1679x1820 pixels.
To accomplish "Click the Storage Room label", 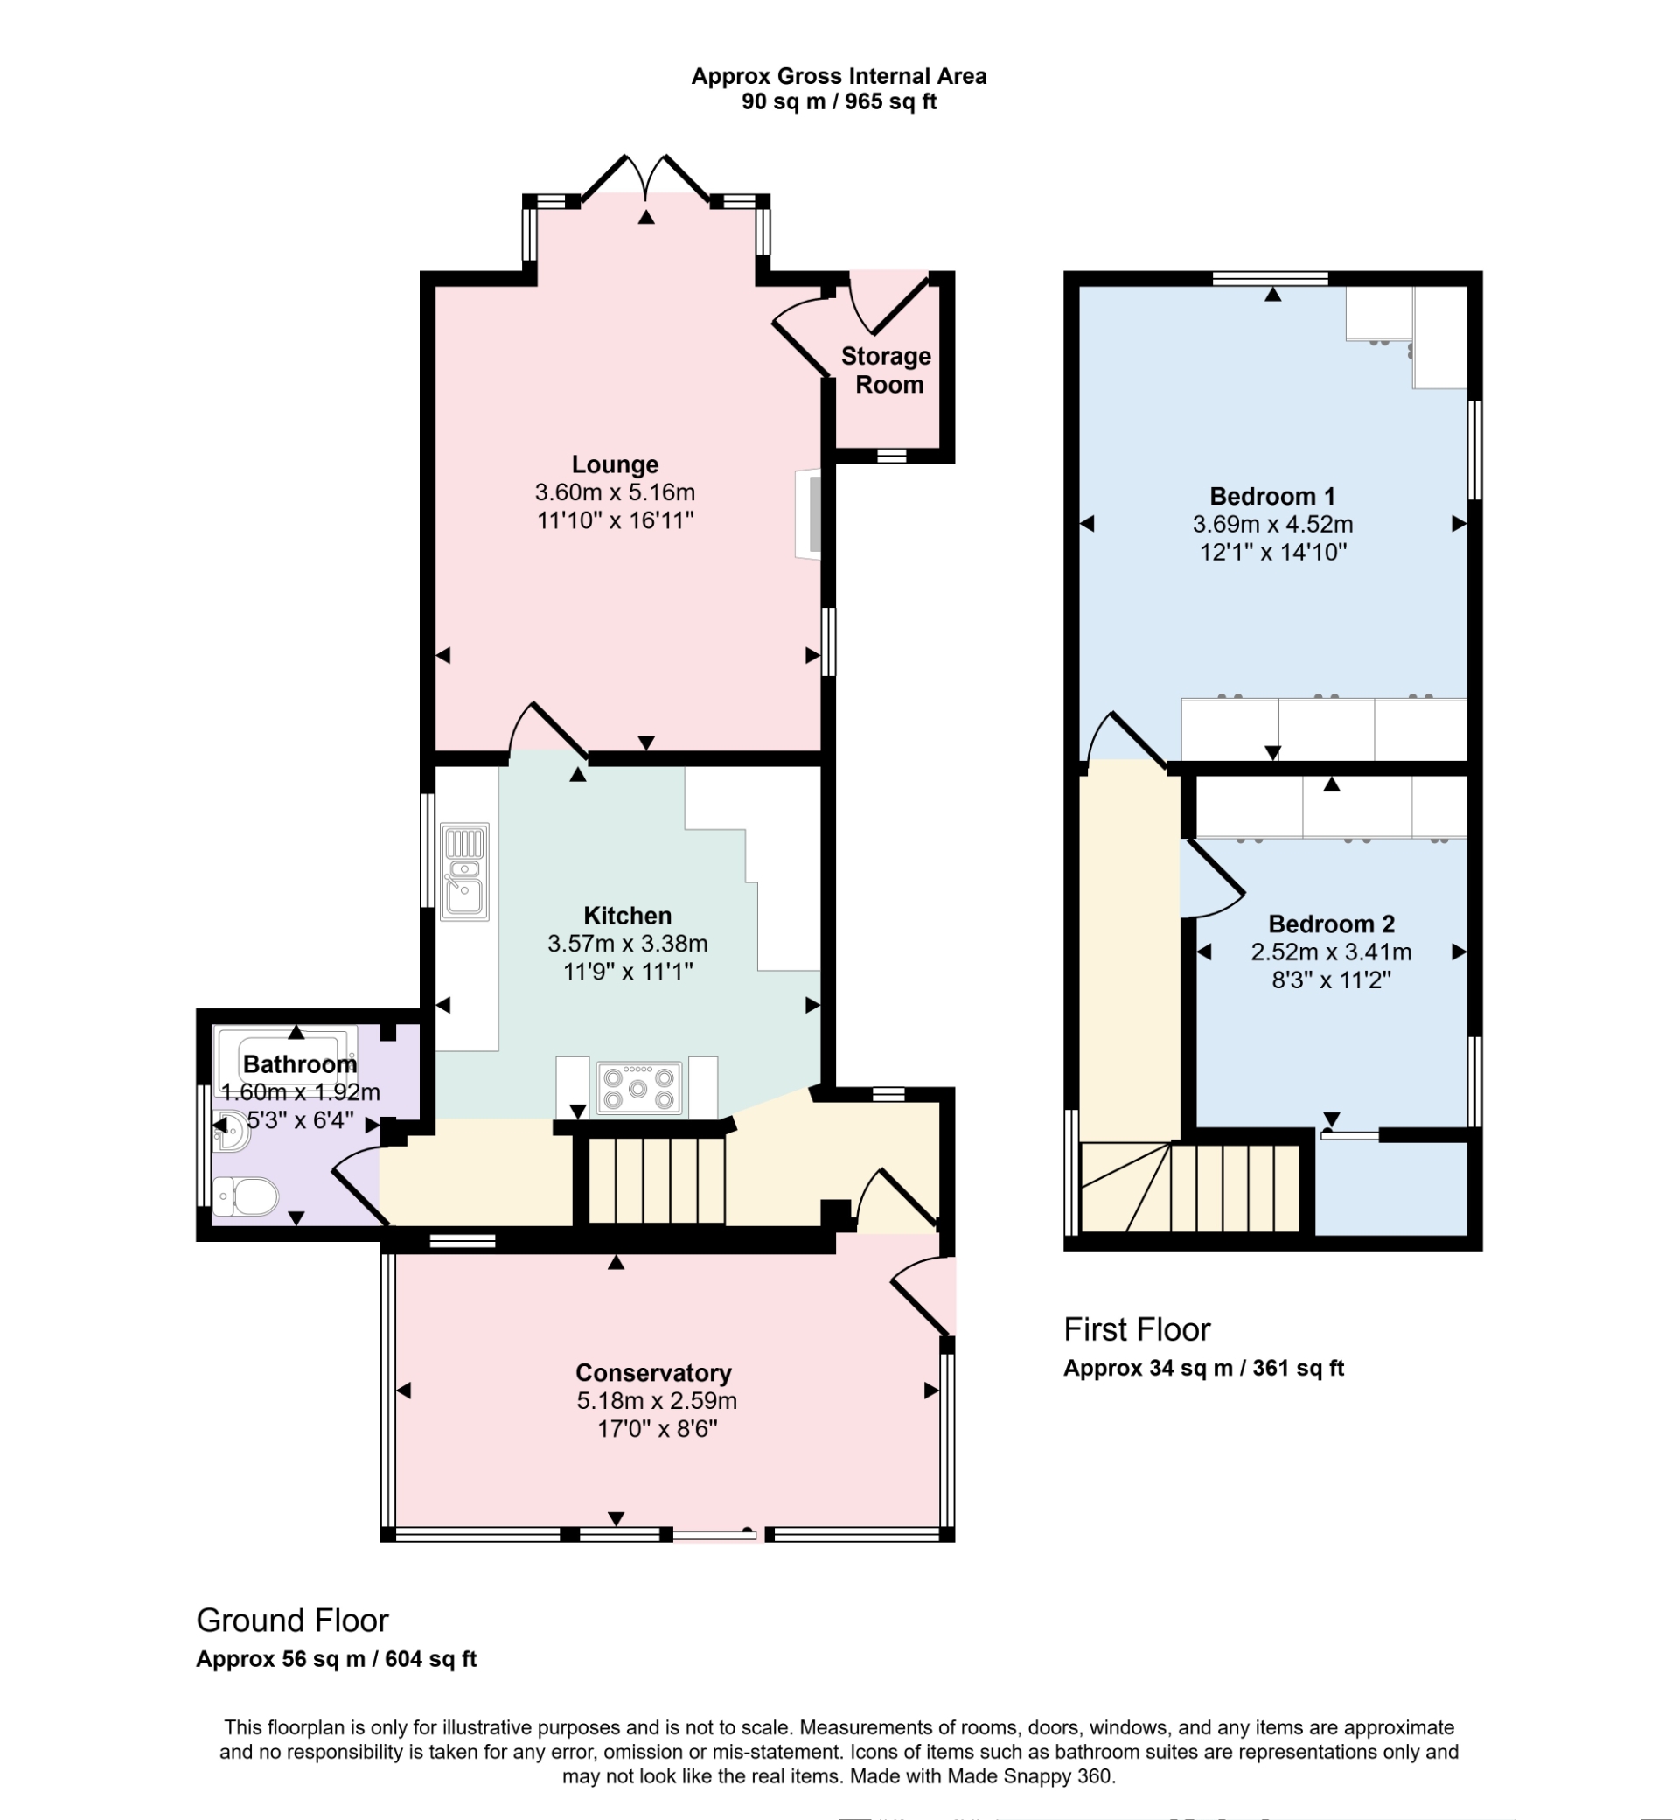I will (x=886, y=370).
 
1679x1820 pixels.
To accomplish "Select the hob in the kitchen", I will (x=638, y=1088).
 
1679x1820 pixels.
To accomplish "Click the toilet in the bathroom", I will (x=247, y=1196).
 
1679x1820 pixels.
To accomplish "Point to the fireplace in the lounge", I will (x=810, y=513).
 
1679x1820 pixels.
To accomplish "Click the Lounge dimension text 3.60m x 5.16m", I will (x=615, y=492).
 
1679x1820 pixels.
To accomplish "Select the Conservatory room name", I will (x=653, y=1372).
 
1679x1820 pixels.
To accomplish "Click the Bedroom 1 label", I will (x=1272, y=496).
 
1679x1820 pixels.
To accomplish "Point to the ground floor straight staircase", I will (x=657, y=1181).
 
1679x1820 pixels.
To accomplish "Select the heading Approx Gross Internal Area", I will (x=839, y=76).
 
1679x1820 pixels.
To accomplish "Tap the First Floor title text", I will (x=1137, y=1329).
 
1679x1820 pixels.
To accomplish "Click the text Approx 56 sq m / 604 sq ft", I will (x=336, y=1659).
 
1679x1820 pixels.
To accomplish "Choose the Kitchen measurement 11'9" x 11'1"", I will (x=628, y=972).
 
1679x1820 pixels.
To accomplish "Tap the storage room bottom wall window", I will (x=891, y=457).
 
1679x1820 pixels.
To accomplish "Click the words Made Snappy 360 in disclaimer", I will (x=1030, y=1775).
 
